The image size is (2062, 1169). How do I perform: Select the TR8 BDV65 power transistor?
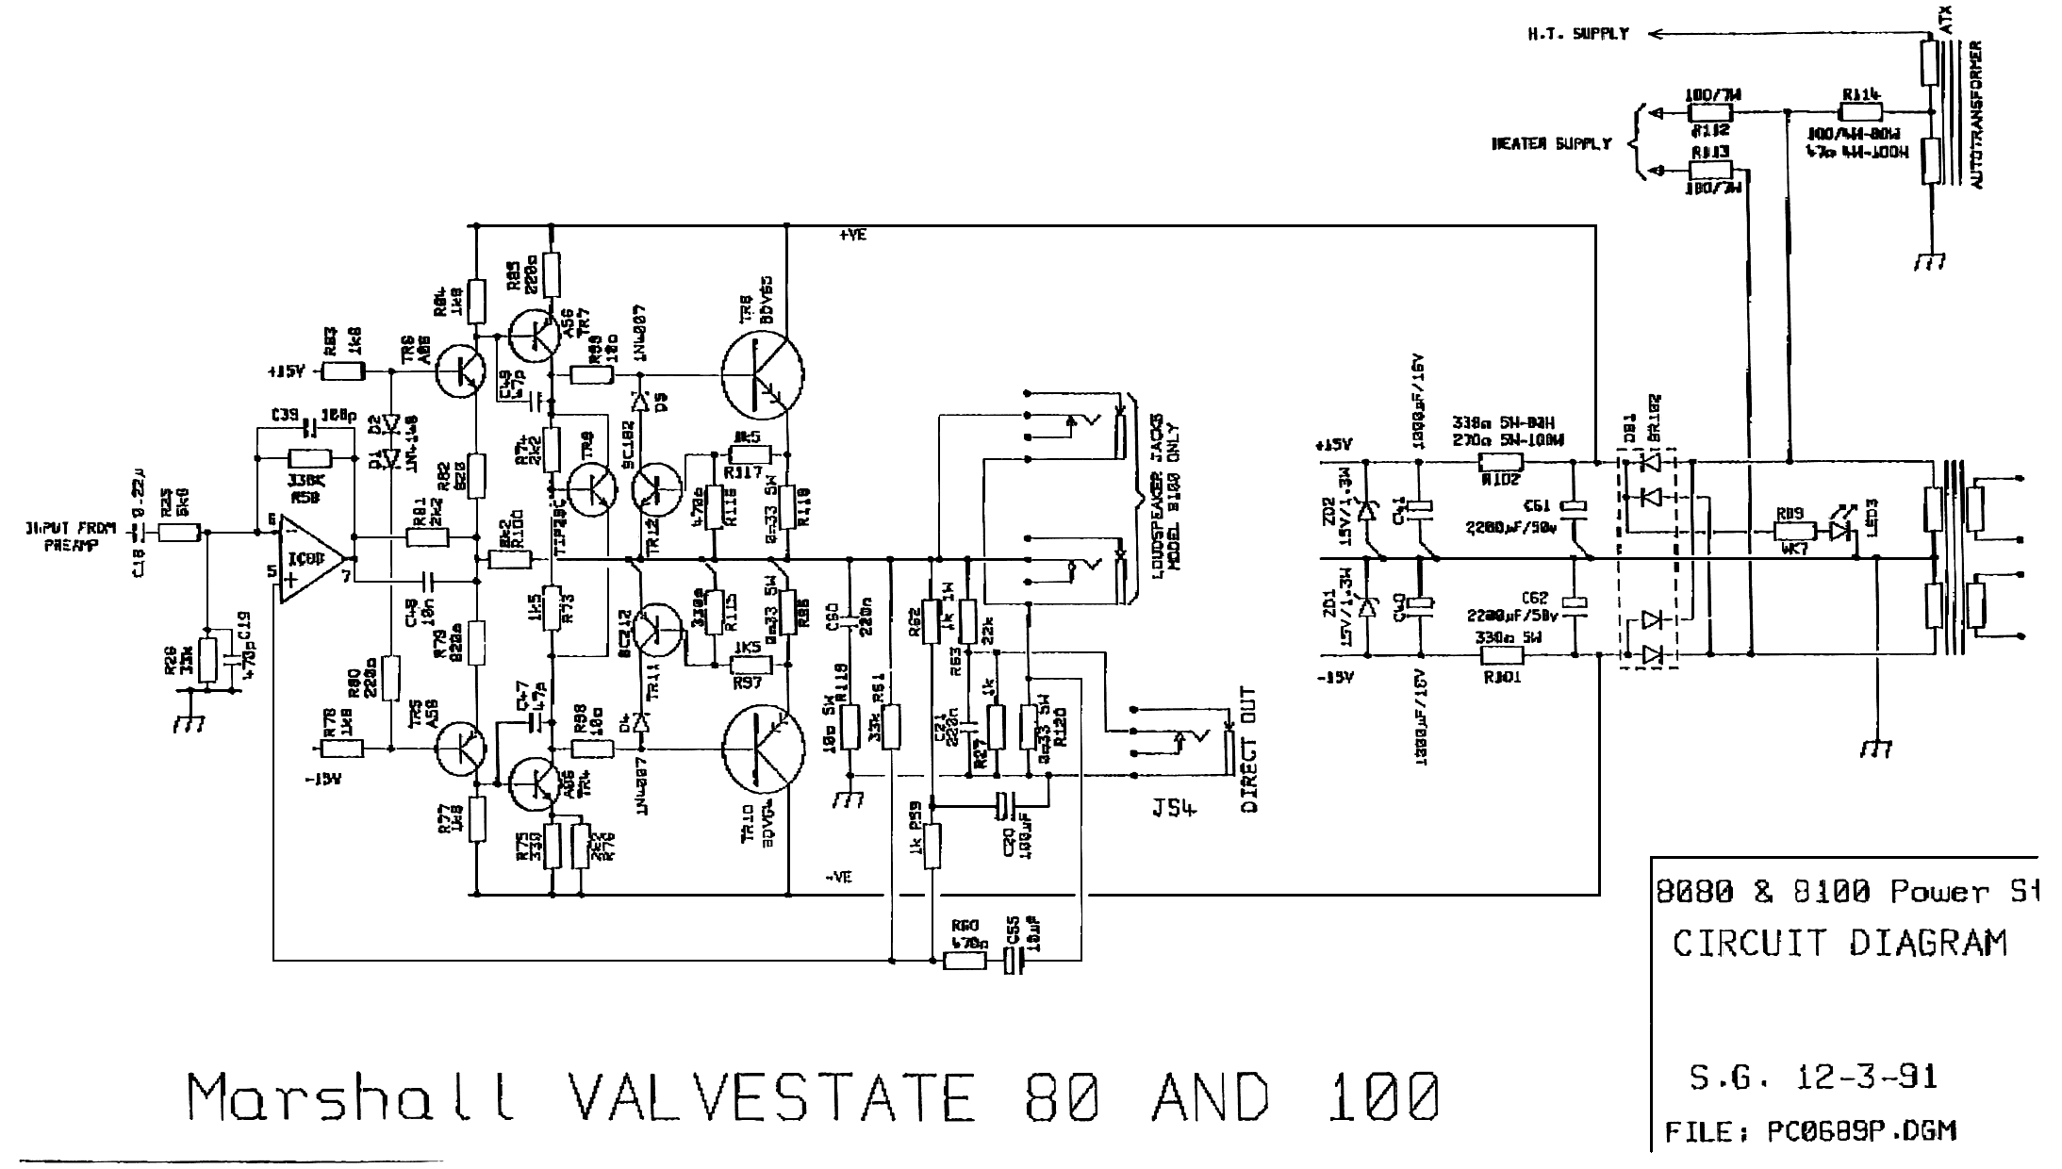coord(763,370)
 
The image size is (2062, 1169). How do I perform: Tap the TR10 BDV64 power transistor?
coord(763,747)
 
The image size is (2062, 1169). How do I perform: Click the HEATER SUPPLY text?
coord(1551,144)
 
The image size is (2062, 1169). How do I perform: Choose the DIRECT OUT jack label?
coord(1249,749)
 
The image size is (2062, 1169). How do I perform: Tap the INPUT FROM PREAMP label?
coord(71,536)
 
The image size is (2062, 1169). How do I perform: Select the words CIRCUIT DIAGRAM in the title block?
coord(1839,943)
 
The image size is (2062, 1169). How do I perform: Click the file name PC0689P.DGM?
coord(1862,1130)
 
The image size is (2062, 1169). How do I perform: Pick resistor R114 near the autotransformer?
coord(1860,111)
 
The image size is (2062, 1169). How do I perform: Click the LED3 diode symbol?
coord(1839,531)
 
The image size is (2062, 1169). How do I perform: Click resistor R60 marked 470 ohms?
coord(965,960)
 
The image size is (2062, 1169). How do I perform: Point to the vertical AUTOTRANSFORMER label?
coord(1977,113)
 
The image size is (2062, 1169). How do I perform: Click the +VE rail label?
coord(852,236)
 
